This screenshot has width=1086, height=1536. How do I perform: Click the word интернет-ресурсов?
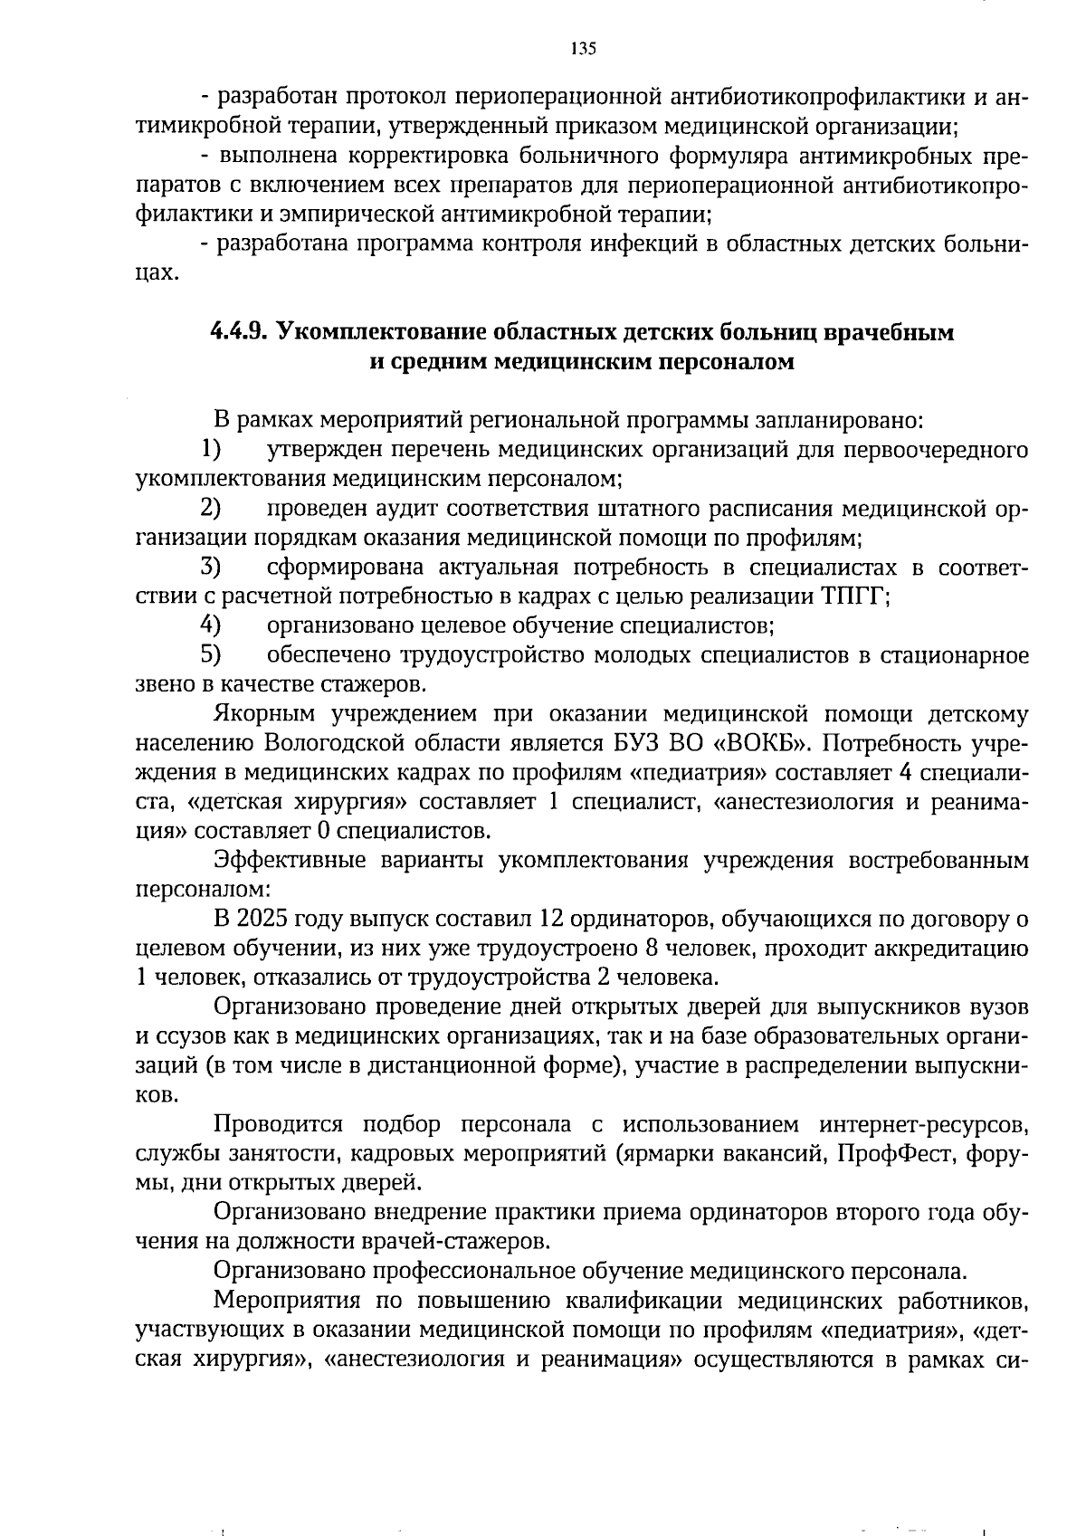[x=924, y=1125]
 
